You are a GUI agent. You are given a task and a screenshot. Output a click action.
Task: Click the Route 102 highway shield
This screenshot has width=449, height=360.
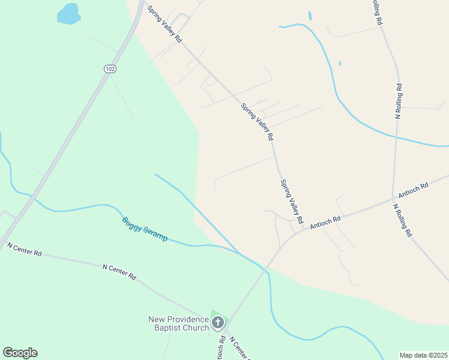pos(109,69)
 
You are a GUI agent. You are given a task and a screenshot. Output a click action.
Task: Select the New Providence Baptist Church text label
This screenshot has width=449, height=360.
pos(179,323)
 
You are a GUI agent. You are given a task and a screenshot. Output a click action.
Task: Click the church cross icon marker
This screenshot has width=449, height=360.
pos(217,323)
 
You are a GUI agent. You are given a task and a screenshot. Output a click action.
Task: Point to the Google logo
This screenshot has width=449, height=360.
pos(20,353)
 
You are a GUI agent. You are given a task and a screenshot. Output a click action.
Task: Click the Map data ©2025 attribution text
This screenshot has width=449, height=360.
pos(423,355)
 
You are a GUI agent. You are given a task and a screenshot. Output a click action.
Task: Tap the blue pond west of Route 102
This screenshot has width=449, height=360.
pos(68,13)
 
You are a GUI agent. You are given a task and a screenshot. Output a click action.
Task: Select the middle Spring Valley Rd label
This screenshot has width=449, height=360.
pos(257,122)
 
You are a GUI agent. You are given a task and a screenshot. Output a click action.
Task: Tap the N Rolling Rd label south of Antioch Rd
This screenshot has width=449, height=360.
pos(402,220)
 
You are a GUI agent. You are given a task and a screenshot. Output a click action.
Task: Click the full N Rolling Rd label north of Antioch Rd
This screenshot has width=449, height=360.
pos(398,101)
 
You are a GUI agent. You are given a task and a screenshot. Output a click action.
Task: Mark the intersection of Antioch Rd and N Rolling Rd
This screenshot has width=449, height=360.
pos(393,197)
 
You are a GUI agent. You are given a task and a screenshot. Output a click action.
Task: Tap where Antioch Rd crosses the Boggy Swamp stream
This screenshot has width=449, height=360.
pos(264,270)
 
